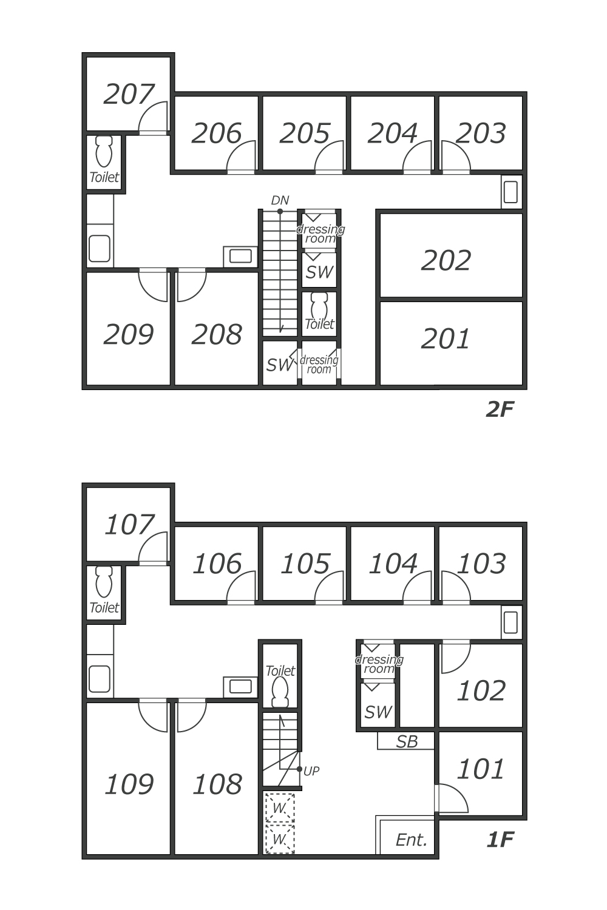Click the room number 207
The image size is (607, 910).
tap(129, 95)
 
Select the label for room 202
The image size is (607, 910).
tap(446, 261)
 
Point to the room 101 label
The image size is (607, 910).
tap(481, 769)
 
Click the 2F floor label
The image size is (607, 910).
tap(500, 410)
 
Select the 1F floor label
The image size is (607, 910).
tap(500, 840)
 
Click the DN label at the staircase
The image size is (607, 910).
tap(280, 200)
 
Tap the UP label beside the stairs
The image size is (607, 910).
tap(311, 771)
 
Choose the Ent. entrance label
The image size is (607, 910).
tap(412, 840)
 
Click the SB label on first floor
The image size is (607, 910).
tap(407, 741)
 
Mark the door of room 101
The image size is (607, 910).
tap(452, 798)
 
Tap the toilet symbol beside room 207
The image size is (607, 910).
tap(104, 151)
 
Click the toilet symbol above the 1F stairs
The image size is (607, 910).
tap(280, 692)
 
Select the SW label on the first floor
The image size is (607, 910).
tap(378, 712)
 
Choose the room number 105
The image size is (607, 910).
tap(305, 564)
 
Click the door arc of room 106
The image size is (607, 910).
tap(242, 587)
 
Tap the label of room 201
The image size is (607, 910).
tap(446, 339)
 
